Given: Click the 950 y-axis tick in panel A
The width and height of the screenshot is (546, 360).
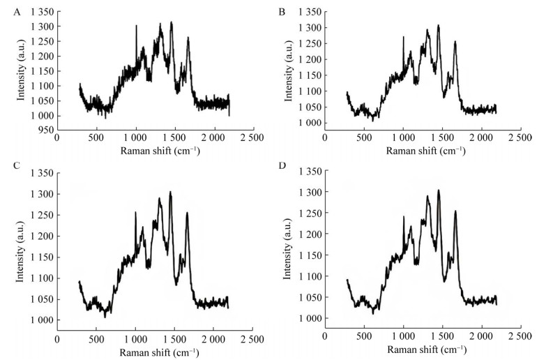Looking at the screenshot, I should tap(44, 130).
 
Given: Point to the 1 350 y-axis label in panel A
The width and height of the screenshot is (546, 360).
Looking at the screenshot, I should tap(39, 12).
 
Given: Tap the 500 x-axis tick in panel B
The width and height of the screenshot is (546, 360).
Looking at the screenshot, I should tap(363, 138).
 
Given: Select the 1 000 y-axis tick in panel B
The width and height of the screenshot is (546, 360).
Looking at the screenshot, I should tap(310, 123).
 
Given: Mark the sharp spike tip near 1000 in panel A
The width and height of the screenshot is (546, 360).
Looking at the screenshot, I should tap(136, 26).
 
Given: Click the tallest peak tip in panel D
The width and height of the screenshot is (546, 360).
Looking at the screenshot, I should tap(439, 190).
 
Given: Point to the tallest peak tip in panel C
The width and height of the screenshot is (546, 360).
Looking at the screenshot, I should tap(170, 192).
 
